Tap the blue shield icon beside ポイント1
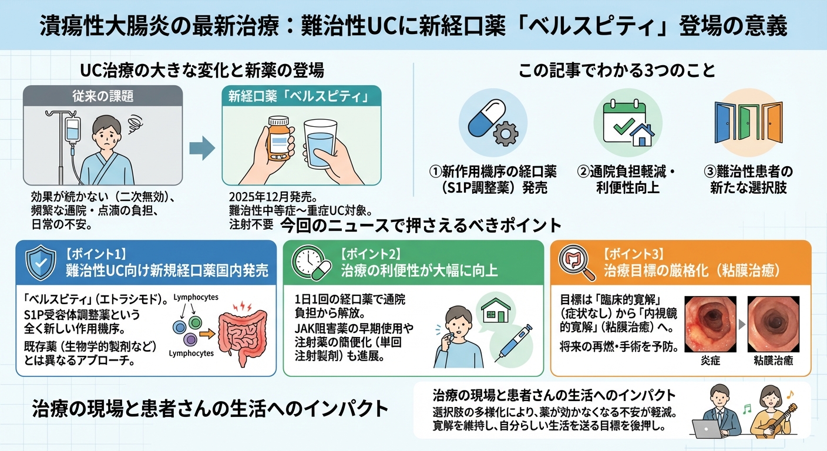point(41,262)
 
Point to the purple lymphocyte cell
point(189,339)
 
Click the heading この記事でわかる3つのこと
point(617,72)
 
